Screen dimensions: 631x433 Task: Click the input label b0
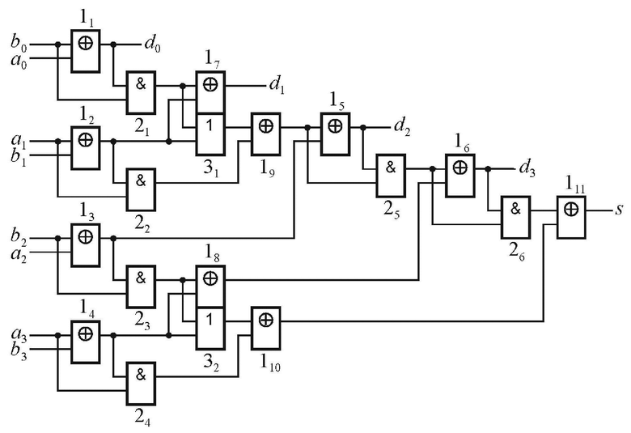tap(19, 43)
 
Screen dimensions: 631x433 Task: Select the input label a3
tap(19, 334)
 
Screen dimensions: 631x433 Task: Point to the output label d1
tap(277, 85)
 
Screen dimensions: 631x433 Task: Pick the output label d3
tap(527, 168)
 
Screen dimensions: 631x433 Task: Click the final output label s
tap(619, 210)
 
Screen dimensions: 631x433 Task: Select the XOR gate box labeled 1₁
tap(85, 51)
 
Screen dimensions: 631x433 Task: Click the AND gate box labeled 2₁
tap(142, 92)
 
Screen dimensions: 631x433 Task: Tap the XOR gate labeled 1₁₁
tap(571, 218)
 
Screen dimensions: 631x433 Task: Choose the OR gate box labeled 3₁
tap(210, 134)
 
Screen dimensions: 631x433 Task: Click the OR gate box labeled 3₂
tap(210, 329)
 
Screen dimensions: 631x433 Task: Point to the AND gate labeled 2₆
tap(515, 218)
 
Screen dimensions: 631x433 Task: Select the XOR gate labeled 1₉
tap(265, 134)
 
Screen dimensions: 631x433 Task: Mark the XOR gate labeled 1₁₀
tap(265, 329)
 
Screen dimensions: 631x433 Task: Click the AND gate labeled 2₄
tap(142, 384)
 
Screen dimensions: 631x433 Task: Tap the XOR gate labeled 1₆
tap(460, 176)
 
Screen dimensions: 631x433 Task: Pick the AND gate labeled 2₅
tap(391, 176)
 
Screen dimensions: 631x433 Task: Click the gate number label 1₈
tap(212, 253)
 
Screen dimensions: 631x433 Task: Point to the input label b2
tap(19, 237)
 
